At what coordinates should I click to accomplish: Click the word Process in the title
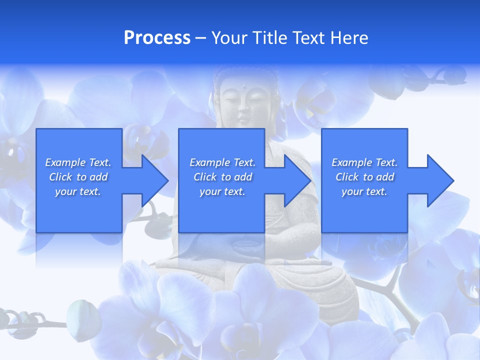157,38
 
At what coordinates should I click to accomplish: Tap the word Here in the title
349,38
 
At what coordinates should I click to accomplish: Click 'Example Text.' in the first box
78,162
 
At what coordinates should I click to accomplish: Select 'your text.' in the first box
78,191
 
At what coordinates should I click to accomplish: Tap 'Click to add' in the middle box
222,177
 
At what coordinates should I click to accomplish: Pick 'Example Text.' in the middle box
222,162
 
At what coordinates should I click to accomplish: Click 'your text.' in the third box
364,191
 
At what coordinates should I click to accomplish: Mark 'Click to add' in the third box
364,177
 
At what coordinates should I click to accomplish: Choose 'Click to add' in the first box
78,177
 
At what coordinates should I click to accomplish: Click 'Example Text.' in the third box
364,162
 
